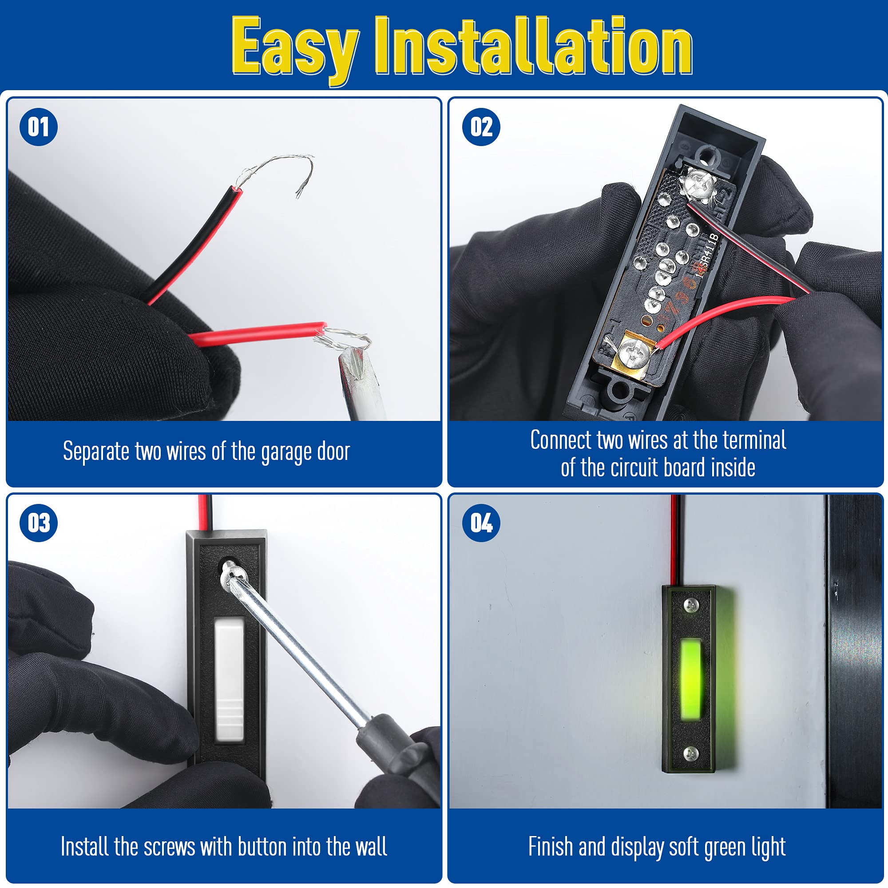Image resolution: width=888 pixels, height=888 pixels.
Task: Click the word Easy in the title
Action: pos(294,48)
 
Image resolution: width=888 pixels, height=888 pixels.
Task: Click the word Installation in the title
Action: pos(533,48)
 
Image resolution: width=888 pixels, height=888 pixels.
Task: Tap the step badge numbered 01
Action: pos(39,127)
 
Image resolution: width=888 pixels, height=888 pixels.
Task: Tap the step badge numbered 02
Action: pos(481,127)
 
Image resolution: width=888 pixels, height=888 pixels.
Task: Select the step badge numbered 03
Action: pos(39,523)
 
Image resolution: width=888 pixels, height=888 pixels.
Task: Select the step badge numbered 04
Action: pos(481,523)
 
